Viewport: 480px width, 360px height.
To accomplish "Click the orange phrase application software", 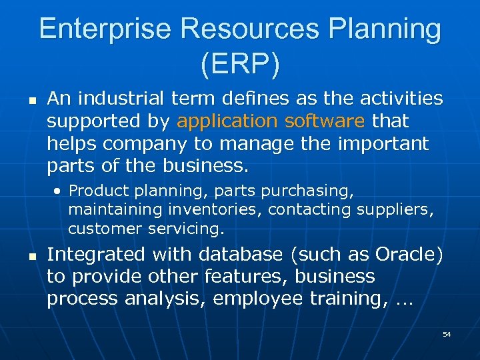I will point(271,121).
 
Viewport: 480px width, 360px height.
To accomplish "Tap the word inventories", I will point(215,210).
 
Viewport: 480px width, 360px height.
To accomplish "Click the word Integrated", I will point(95,255).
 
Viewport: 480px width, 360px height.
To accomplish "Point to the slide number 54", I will point(447,333).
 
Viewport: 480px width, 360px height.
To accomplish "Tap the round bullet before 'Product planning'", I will point(59,191).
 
